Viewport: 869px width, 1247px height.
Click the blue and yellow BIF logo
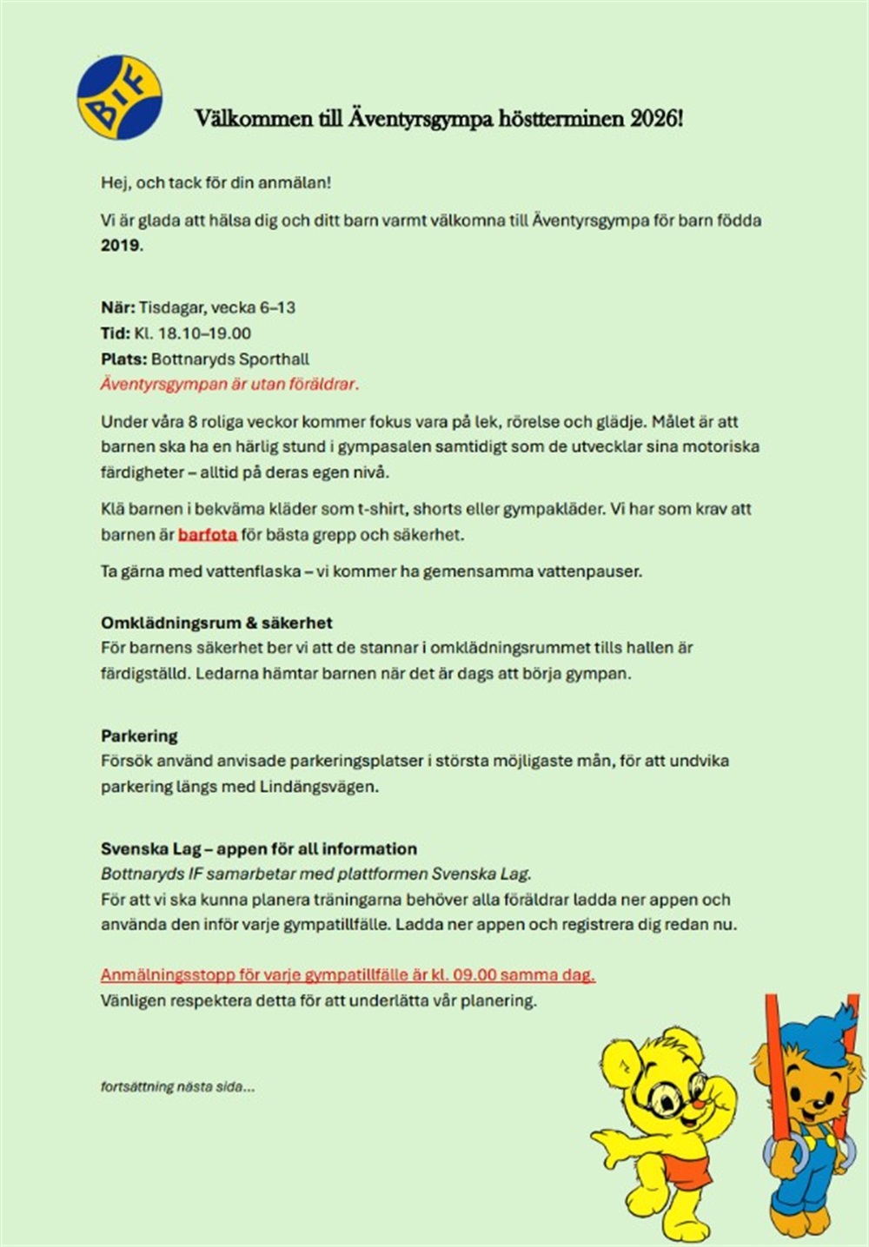pos(119,97)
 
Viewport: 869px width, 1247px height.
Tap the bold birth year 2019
pos(120,245)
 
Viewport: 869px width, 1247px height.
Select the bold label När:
pos(118,307)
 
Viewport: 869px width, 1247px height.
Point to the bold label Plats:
pos(123,360)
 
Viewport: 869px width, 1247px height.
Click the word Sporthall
pos(276,360)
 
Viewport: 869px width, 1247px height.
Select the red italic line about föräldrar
pos(229,384)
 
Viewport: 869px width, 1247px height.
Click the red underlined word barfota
pos(208,535)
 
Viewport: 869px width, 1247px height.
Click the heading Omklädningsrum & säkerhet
pos(216,623)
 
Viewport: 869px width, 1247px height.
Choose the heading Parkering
pos(139,736)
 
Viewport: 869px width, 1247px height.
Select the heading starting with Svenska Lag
pos(258,848)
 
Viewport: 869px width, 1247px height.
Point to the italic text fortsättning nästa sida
pos(177,1086)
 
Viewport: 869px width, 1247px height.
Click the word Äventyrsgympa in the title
pos(421,119)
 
